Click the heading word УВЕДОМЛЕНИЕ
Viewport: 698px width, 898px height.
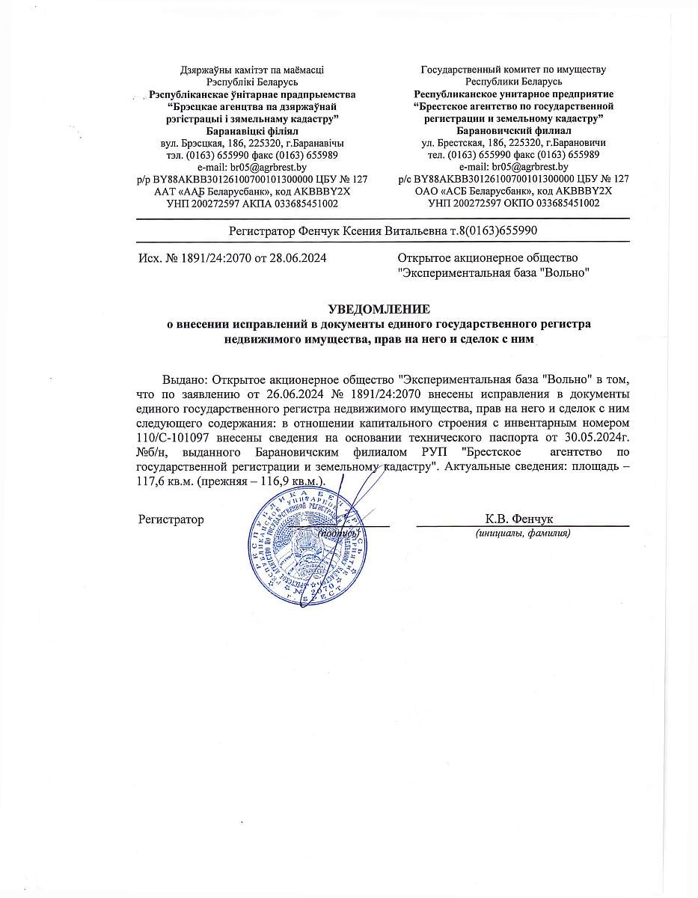coord(380,308)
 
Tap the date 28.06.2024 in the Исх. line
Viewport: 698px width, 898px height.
coord(299,257)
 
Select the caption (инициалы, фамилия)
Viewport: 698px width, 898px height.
coord(523,534)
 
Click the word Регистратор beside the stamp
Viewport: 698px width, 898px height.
coord(171,519)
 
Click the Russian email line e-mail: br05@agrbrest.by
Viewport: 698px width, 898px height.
coord(512,167)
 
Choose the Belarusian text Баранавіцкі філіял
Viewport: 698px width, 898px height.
coord(252,130)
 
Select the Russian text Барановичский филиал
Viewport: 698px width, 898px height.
coord(513,130)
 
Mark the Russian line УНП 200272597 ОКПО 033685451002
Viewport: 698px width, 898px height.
coord(513,203)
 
